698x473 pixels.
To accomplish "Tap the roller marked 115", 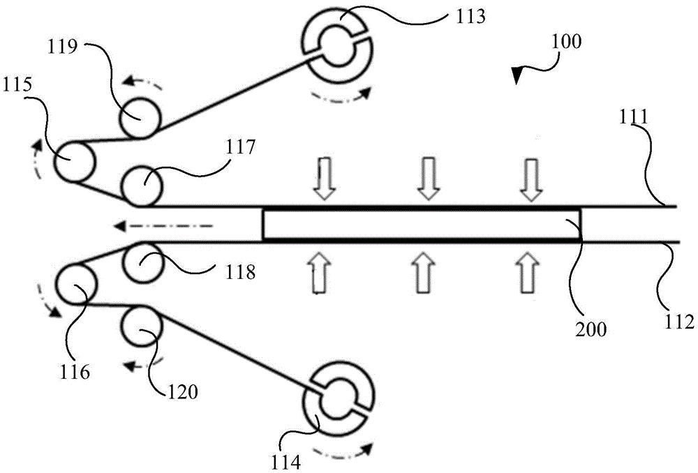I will [x=74, y=160].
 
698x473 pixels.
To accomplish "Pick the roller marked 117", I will [x=142, y=186].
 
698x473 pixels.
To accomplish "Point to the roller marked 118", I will [x=141, y=261].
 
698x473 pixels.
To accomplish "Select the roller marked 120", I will [x=141, y=326].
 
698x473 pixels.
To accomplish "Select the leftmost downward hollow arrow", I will [x=323, y=178].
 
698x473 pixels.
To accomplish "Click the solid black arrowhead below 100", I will [x=518, y=73].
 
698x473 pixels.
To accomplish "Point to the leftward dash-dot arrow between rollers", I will [x=163, y=225].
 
